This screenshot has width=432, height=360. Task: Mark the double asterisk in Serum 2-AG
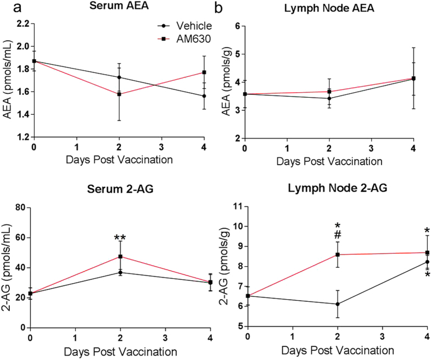(120, 239)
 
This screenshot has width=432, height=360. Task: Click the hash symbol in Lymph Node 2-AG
(338, 234)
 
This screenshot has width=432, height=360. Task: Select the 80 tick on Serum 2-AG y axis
(23, 207)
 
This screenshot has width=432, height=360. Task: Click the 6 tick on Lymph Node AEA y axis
(239, 25)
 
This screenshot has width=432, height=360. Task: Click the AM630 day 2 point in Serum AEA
(120, 94)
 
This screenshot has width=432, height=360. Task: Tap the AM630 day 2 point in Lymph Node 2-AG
(338, 254)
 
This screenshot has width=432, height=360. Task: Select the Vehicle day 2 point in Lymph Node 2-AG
(338, 304)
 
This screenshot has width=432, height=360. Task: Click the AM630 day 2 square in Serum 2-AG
(120, 256)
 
